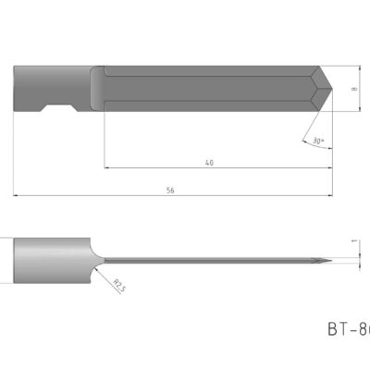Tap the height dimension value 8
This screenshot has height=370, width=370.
point(354,90)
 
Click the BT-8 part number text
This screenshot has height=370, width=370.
point(348,328)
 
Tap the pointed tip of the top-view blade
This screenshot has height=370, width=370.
point(332,90)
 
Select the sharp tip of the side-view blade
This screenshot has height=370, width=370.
point(327,262)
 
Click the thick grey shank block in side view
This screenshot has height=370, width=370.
point(51,262)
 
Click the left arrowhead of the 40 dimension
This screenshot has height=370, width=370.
point(107,168)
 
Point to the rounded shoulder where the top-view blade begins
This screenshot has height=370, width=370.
point(97,89)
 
